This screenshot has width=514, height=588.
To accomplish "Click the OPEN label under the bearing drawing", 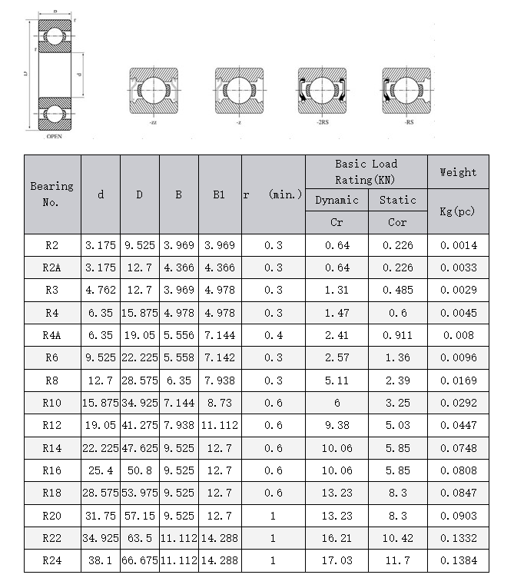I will pos(54,136).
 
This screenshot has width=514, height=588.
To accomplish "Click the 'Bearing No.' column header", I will pos(52,194).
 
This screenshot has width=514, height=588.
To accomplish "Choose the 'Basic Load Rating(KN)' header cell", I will pos(366,171).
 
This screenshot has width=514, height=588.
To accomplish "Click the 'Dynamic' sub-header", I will pos(337,200).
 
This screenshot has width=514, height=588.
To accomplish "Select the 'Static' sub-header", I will pos(397,200).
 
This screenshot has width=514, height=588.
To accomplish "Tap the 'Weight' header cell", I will pos(458,172).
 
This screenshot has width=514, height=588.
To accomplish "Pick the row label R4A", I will pos(52,335).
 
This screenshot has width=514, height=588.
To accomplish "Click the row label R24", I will pos(52,561).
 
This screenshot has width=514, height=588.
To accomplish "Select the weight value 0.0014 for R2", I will pos(458,245).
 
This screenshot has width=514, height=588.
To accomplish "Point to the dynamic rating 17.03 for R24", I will pos(337,561).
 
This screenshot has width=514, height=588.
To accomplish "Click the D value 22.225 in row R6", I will pos(139,357).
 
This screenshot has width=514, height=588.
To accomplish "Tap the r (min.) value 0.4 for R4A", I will pos(273,335).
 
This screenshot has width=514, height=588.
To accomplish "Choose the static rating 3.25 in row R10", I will pos(397,403).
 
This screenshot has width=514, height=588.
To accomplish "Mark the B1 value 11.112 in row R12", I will pos(220,425).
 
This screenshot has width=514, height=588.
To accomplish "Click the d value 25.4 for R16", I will pos(101,470).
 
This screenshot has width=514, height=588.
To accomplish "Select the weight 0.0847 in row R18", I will pos(458,493).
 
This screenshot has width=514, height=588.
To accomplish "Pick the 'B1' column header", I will pos(220,194).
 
